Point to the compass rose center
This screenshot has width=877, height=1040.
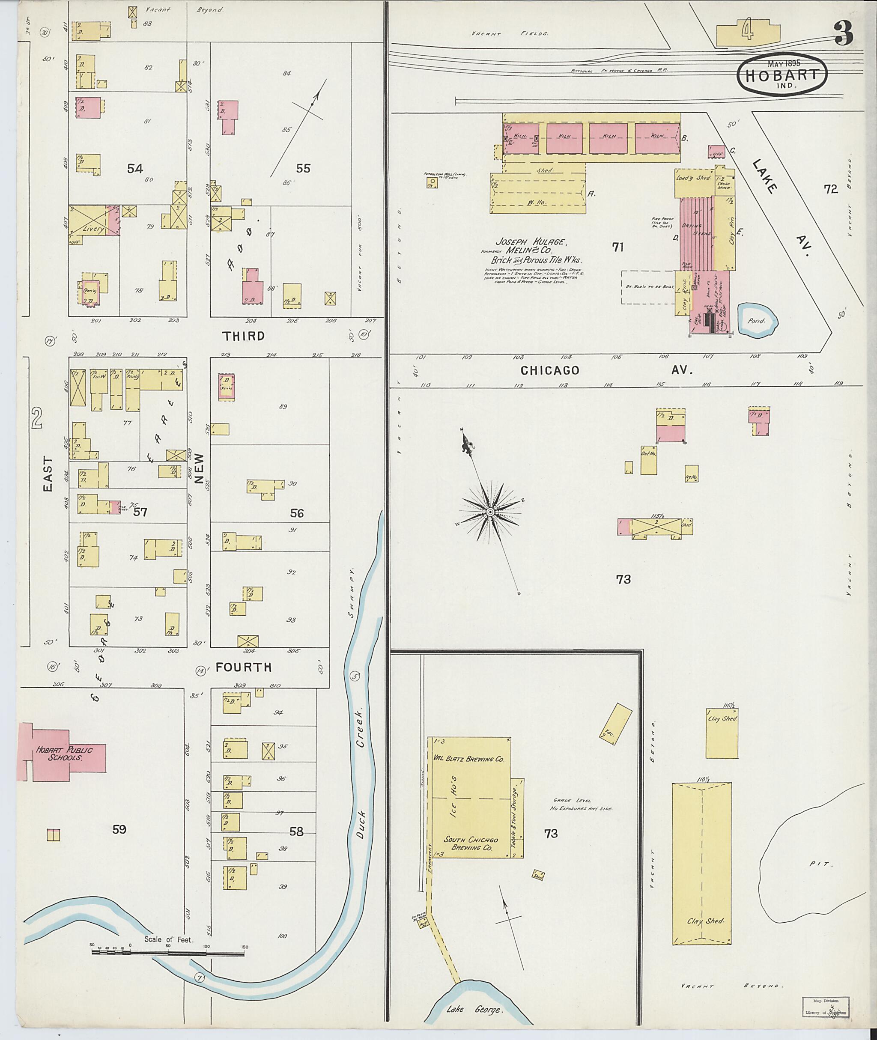490,512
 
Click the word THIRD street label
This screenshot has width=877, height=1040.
244,336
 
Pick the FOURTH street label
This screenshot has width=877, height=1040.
244,667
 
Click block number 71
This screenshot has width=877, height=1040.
617,247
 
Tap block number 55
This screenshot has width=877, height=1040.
303,169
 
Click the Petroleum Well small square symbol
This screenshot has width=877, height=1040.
432,182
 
